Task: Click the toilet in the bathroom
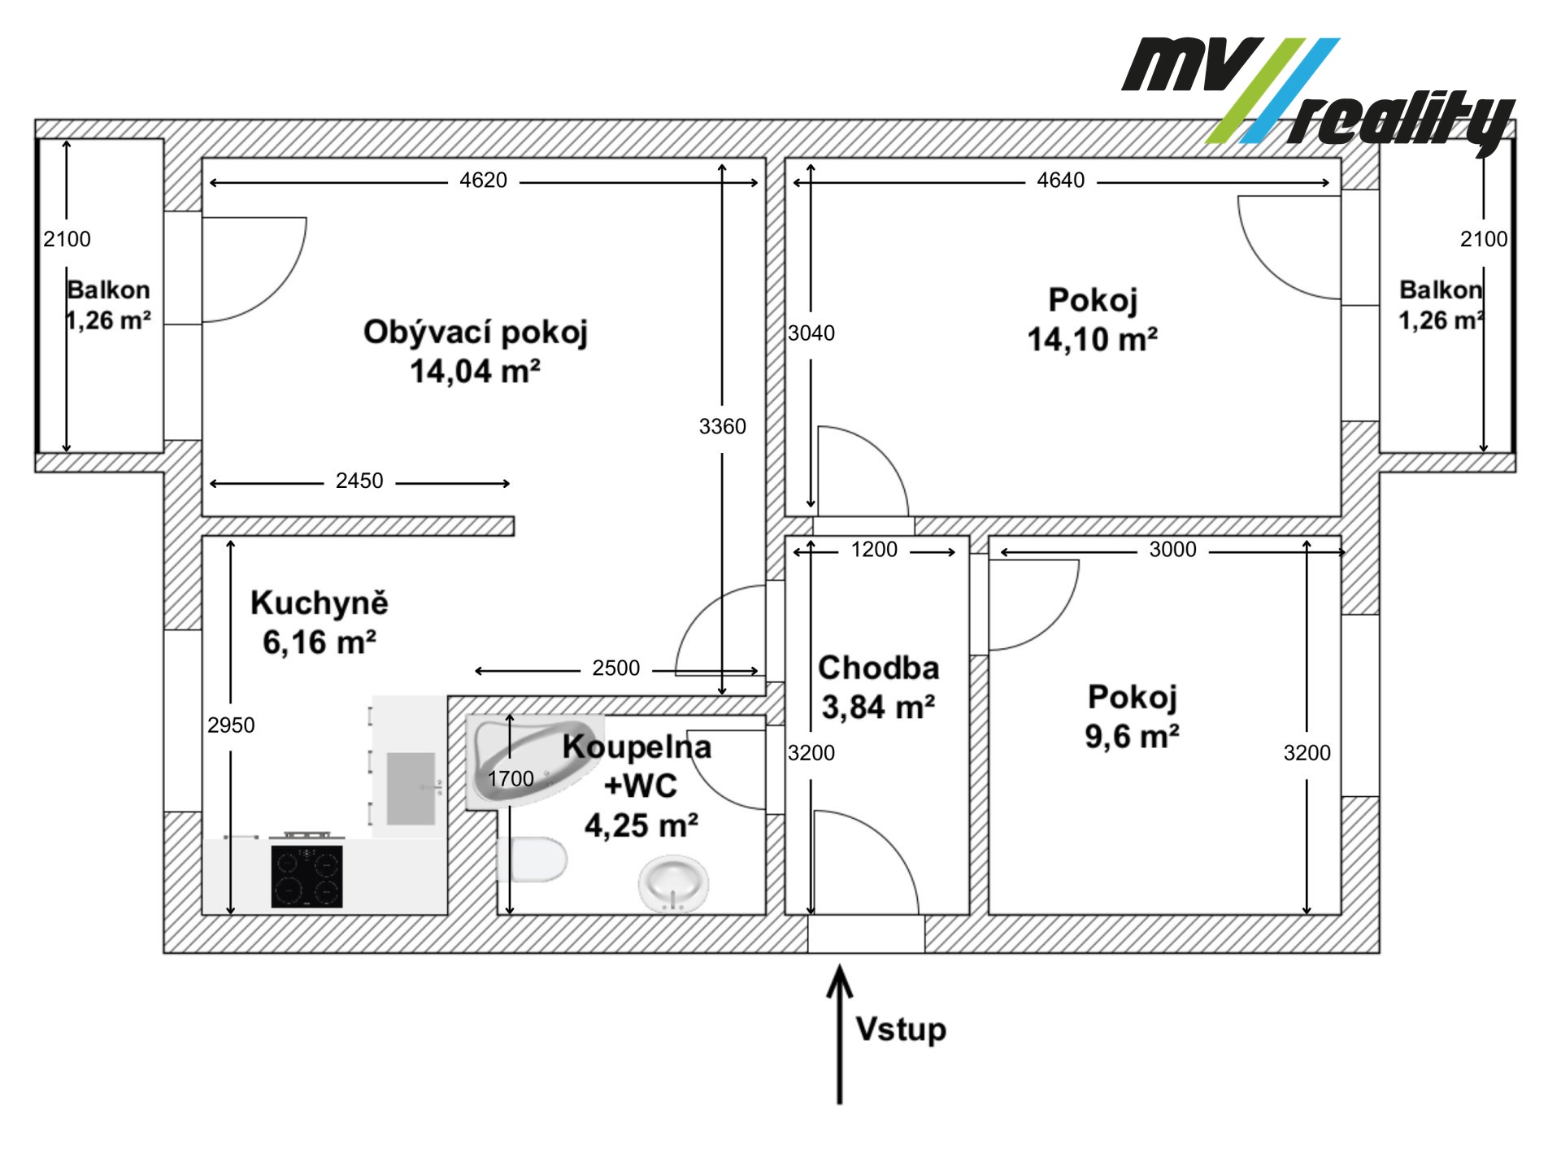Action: tap(533, 859)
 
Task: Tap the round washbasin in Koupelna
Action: tap(673, 883)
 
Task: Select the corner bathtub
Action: tap(535, 761)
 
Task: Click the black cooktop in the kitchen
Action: tap(307, 877)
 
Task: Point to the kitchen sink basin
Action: tap(411, 789)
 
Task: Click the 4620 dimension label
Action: tap(483, 181)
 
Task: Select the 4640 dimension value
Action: tap(1060, 181)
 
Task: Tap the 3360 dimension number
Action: tap(722, 426)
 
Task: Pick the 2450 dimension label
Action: tap(359, 481)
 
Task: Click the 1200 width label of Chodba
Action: tap(874, 550)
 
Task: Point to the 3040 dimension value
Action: tap(811, 333)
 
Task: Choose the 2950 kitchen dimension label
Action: tap(231, 725)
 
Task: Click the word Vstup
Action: tap(901, 1030)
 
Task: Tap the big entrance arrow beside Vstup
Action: tap(840, 1034)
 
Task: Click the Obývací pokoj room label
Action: tap(476, 333)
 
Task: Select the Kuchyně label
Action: tap(320, 603)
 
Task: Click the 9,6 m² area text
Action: tap(1132, 737)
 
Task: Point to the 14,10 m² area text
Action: tap(1093, 339)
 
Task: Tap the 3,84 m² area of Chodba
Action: tap(878, 707)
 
